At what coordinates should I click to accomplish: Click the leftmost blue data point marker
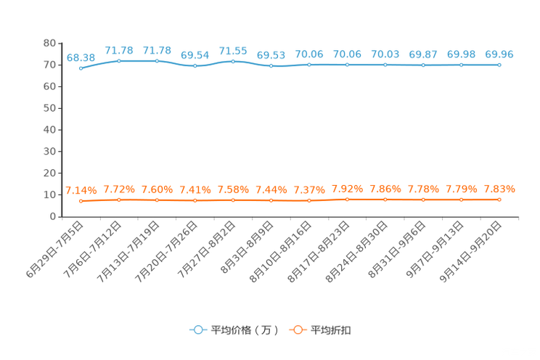(x=81, y=69)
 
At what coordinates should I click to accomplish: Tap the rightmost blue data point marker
(x=499, y=65)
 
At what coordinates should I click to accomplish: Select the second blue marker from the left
(x=118, y=60)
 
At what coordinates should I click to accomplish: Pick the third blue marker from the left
(x=157, y=60)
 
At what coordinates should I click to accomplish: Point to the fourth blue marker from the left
(x=195, y=66)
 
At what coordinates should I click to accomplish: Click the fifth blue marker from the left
(x=233, y=61)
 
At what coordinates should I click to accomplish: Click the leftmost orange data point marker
(x=81, y=200)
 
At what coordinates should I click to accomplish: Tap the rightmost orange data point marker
(x=499, y=199)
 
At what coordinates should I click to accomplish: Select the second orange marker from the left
(x=118, y=199)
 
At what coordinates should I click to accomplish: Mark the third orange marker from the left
(x=157, y=200)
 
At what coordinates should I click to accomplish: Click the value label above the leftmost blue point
(x=81, y=57)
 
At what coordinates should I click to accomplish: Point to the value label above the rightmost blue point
(x=499, y=54)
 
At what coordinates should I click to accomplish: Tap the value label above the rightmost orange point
(x=499, y=189)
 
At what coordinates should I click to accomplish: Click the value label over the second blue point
(x=118, y=49)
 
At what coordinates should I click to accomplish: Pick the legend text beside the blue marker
(x=244, y=330)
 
